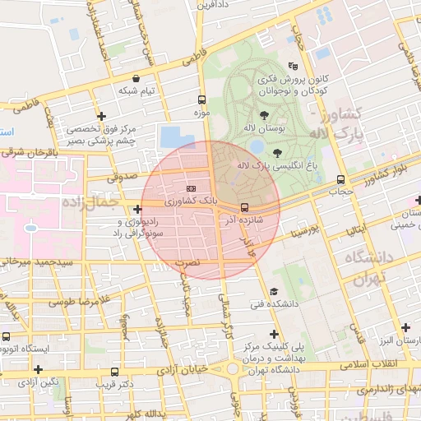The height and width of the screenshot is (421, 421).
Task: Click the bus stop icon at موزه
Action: click(202, 95)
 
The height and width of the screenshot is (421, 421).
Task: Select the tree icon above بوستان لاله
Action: click(263, 116)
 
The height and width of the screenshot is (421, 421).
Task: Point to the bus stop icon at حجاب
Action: click(340, 180)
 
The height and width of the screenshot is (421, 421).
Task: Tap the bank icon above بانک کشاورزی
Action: click(192, 188)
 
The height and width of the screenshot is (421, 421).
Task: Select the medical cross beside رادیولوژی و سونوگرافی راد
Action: click(137, 209)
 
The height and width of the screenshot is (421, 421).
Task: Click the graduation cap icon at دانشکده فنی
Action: click(273, 291)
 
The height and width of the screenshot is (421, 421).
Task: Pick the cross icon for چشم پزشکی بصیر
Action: click(101, 116)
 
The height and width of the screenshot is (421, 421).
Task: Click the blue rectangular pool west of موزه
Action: click(173, 136)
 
